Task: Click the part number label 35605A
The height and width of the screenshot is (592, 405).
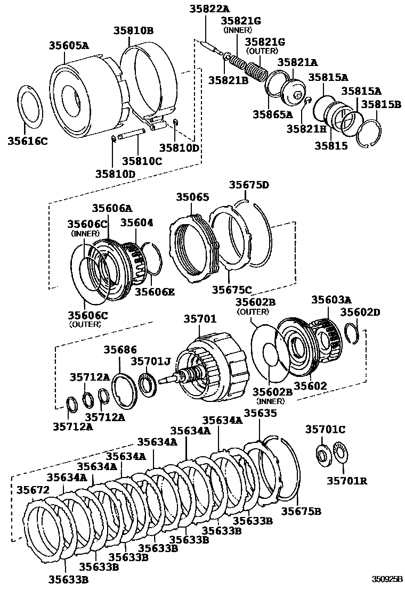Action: (69, 46)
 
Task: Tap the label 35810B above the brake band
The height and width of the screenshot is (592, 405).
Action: (133, 31)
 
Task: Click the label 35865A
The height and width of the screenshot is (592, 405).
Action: (273, 114)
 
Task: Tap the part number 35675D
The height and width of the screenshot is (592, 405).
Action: (249, 185)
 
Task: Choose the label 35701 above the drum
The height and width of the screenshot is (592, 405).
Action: (200, 319)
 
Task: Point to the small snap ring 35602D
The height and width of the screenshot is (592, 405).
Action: (352, 333)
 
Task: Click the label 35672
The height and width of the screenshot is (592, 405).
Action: (33, 489)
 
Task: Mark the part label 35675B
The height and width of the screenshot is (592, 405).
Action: (301, 511)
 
